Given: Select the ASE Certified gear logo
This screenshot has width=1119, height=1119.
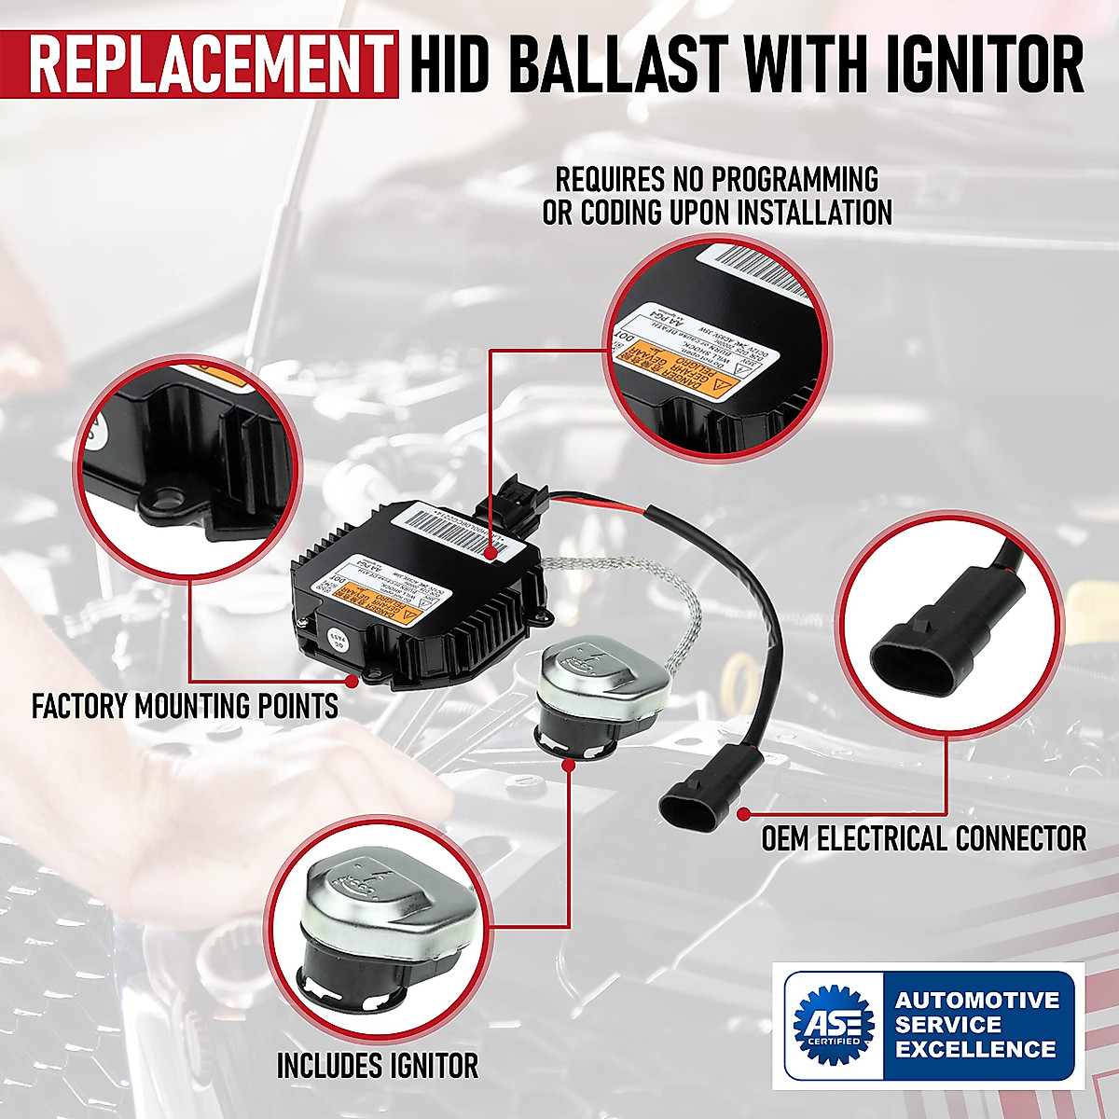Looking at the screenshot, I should (833, 1024).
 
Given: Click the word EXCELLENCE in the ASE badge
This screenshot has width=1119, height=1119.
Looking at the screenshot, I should (976, 1049).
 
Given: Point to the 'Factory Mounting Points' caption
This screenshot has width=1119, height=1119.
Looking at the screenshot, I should (185, 706).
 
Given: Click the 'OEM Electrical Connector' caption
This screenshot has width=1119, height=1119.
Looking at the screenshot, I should (923, 838).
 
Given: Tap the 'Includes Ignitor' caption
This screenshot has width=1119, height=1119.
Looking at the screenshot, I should (378, 1064).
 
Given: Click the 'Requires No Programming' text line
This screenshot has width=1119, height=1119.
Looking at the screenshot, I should (717, 178).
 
